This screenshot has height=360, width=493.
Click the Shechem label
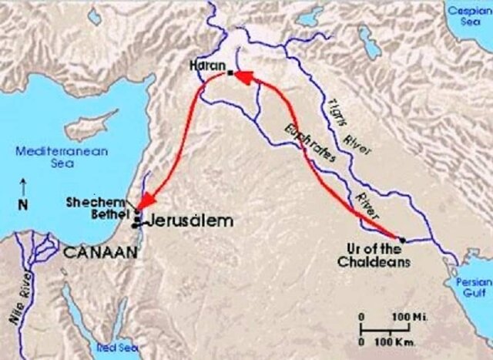109,199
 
